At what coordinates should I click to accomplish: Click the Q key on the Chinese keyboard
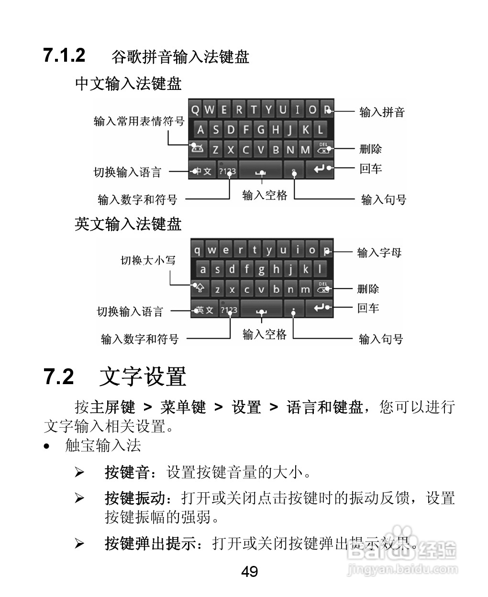pyautogui.click(x=195, y=110)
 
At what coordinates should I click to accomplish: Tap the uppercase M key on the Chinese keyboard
pyautogui.click(x=305, y=149)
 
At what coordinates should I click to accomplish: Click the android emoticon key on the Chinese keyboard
pyautogui.click(x=197, y=149)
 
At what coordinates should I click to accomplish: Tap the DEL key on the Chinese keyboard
pyautogui.click(x=323, y=149)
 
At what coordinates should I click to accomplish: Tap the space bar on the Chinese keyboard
pyautogui.click(x=261, y=171)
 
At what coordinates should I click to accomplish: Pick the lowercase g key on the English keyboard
pyautogui.click(x=261, y=269)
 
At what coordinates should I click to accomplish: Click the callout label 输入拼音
pyautogui.click(x=382, y=112)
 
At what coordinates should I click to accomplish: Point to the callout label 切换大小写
pyautogui.click(x=148, y=260)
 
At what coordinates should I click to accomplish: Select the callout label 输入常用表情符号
pyautogui.click(x=139, y=122)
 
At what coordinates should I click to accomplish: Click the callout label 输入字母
pyautogui.click(x=379, y=253)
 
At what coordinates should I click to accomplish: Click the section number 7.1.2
pyautogui.click(x=64, y=55)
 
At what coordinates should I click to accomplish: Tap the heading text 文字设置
pyautogui.click(x=143, y=377)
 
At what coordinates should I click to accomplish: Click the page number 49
pyautogui.click(x=249, y=571)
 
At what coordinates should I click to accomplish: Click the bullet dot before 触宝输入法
pyautogui.click(x=46, y=446)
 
